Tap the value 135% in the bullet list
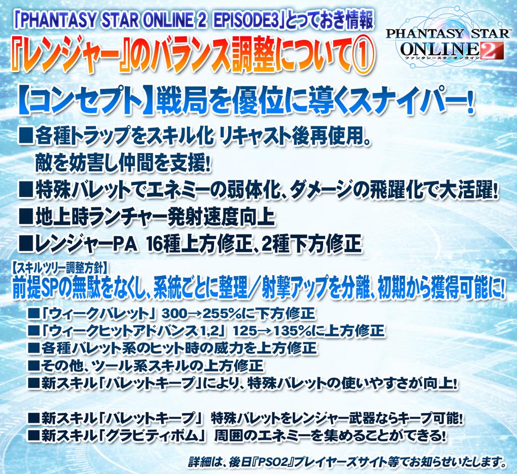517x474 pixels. (x=294, y=331)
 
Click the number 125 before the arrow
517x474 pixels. (x=244, y=331)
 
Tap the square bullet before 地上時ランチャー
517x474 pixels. (x=25, y=217)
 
